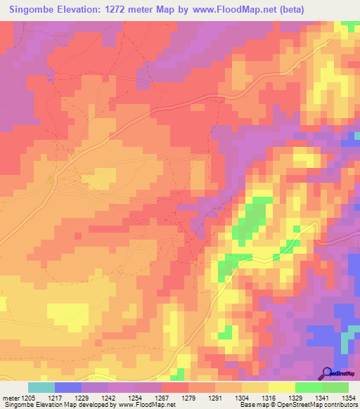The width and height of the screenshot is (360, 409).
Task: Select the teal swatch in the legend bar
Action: point(41,387)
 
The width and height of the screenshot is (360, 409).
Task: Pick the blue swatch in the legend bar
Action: point(68,387)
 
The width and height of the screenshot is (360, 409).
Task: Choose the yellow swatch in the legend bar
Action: point(282,387)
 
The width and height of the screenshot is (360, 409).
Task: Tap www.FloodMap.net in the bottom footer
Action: point(146,405)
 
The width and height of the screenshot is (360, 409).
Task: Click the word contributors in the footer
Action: point(340,405)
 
